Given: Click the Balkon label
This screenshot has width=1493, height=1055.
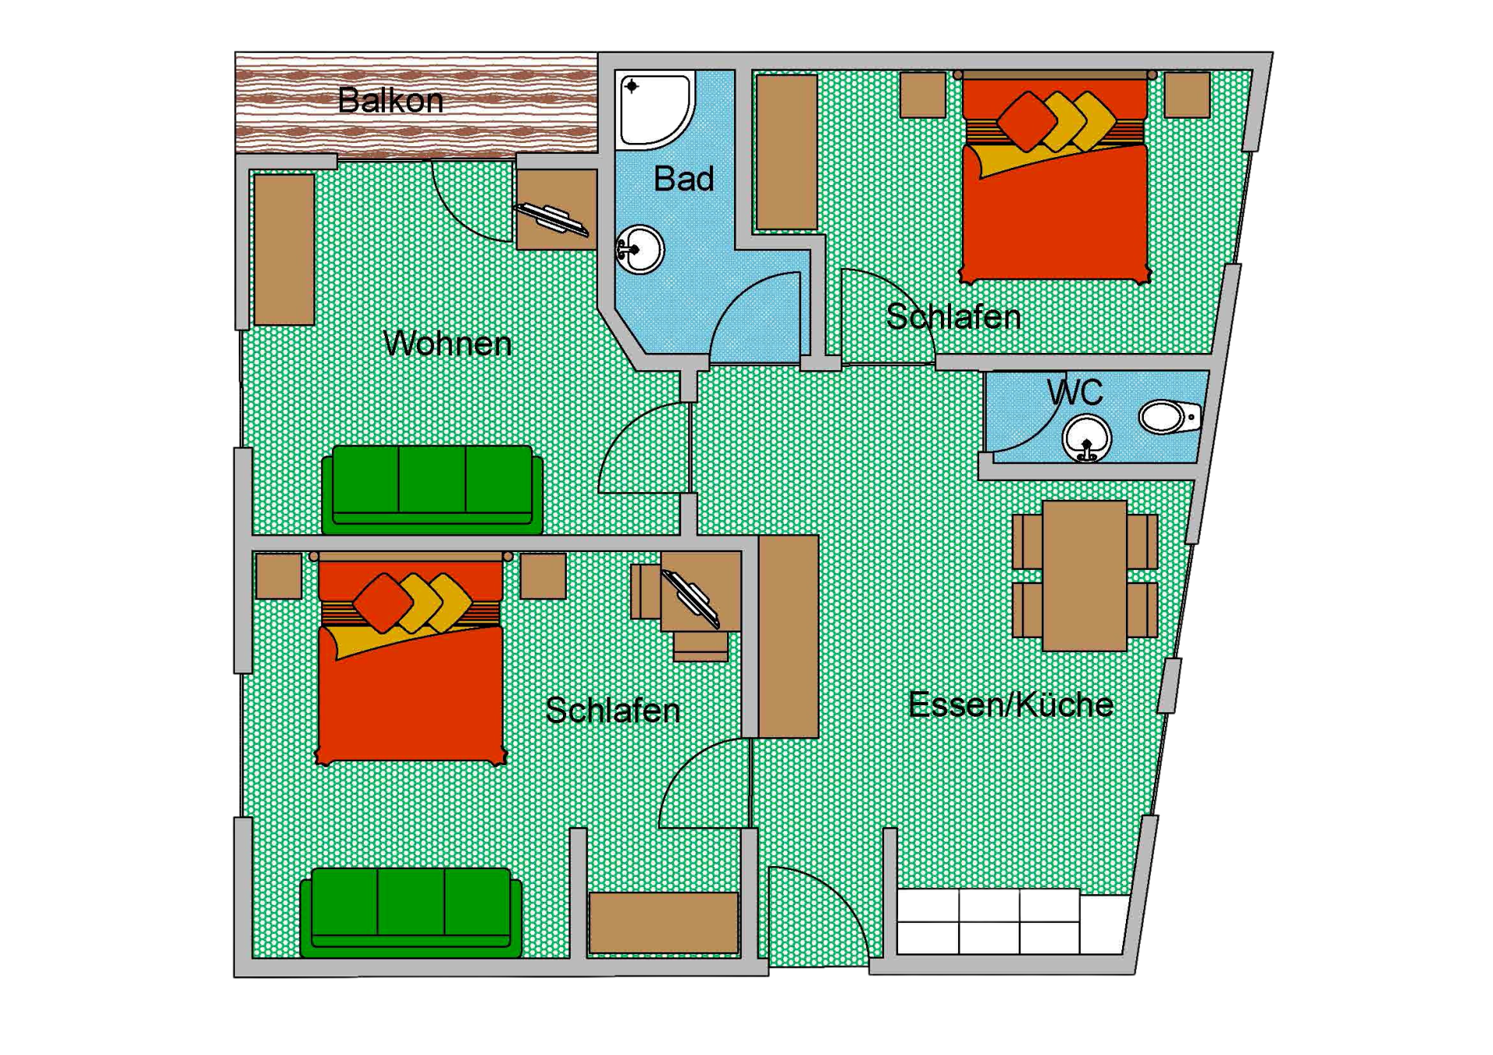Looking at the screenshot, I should point(390,101).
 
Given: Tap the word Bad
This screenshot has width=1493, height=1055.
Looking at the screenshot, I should point(684,180).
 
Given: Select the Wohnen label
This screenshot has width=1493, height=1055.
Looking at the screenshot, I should point(447,344).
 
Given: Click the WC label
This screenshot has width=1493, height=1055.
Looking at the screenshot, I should point(1075,393).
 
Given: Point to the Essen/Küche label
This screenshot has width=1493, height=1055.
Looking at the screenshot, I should point(1010,705).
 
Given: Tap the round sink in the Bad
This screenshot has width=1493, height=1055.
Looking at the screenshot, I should point(641,250).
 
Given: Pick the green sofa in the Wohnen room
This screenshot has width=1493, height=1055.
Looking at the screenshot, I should point(432,488).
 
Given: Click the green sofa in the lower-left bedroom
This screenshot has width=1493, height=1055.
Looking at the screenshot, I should point(411,911).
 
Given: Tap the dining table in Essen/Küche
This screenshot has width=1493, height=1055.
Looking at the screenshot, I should point(1085,575).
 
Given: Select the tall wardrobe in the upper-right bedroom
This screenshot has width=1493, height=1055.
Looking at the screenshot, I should point(786,152).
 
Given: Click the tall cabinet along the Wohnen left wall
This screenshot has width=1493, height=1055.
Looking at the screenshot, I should point(284,249).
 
